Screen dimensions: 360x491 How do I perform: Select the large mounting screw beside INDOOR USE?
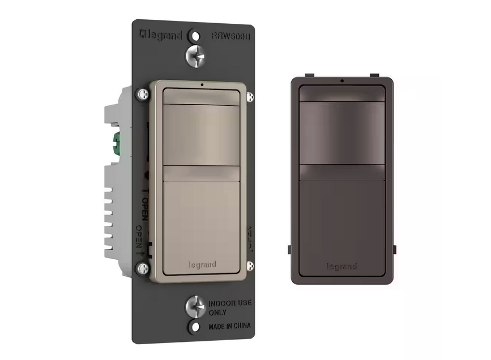tap(195, 307)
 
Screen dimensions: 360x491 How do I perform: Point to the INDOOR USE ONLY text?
tap(225, 308)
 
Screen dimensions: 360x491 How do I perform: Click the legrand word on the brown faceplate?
tap(341, 265)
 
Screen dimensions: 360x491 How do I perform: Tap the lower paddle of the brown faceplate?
tap(342, 221)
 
